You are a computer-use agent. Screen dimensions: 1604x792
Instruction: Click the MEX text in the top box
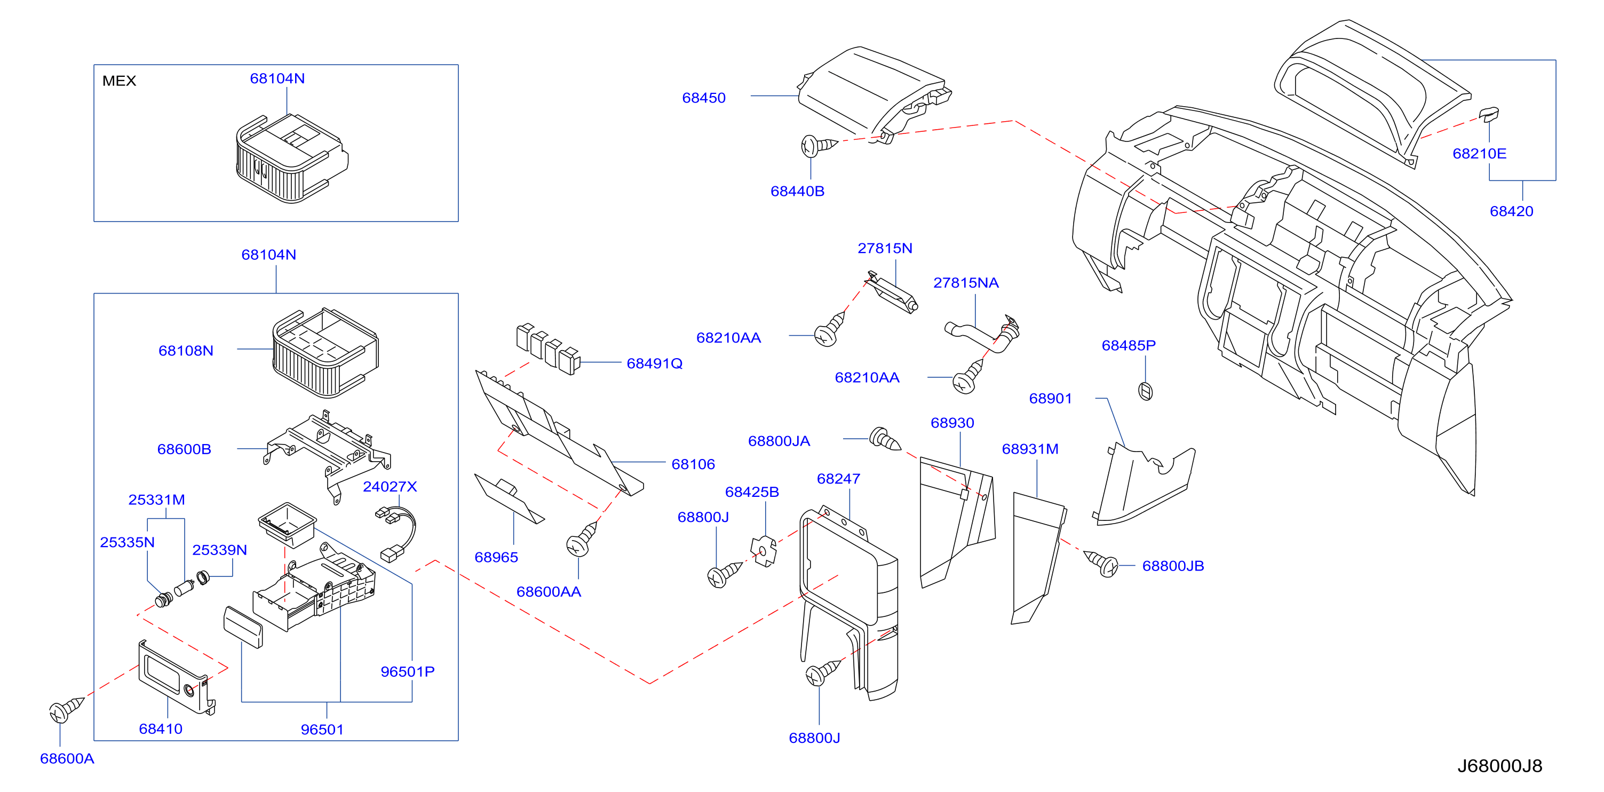click(119, 81)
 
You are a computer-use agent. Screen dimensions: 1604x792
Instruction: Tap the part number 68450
click(704, 98)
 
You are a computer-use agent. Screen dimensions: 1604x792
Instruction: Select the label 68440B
click(797, 191)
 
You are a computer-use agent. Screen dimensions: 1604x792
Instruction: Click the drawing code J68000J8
click(1499, 766)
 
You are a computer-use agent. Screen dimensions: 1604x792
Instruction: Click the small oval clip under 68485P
click(1145, 391)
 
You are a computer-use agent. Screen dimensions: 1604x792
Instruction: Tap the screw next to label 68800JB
click(1101, 563)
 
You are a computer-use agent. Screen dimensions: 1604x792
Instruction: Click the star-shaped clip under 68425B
click(764, 551)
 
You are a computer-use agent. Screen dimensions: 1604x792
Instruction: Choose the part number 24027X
click(390, 486)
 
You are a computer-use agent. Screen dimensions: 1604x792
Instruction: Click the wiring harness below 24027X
click(396, 534)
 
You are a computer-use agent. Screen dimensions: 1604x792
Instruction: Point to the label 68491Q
click(654, 363)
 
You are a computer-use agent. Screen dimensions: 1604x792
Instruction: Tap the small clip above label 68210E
click(1489, 114)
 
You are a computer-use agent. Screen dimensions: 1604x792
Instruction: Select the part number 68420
click(1511, 211)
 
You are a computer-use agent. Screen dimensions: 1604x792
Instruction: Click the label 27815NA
click(966, 283)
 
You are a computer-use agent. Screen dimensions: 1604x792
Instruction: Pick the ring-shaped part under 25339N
click(203, 577)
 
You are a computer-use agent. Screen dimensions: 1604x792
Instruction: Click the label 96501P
click(407, 671)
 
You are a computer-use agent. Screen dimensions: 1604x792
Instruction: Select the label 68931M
click(1030, 449)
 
